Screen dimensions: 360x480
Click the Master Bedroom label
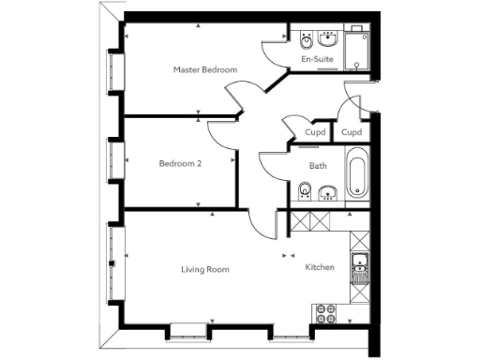205,70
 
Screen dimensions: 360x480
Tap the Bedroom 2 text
180,163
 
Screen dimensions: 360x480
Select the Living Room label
205,270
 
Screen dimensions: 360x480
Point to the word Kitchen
320,268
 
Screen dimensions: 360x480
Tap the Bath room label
318,166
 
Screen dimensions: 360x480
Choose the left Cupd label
317,132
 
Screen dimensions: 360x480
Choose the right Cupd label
352,132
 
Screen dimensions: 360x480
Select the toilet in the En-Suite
307,41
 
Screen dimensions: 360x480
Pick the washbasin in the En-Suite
328,40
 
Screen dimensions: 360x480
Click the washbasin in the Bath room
326,194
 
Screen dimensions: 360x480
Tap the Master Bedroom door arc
241,97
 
